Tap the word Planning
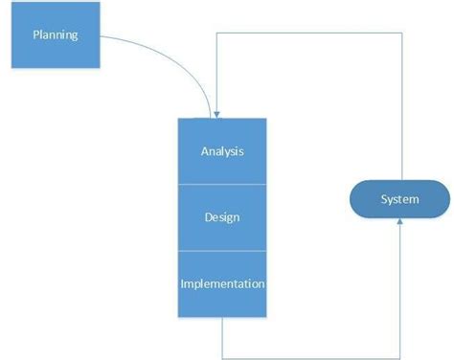point(54,35)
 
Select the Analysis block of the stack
point(222,150)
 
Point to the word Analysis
point(222,151)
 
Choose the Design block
point(222,217)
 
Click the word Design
point(222,217)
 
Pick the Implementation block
point(222,283)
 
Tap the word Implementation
point(222,284)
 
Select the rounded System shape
point(400,199)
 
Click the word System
point(400,199)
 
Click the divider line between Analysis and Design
point(222,184)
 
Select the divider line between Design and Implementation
point(222,251)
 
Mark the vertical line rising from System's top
point(400,105)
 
